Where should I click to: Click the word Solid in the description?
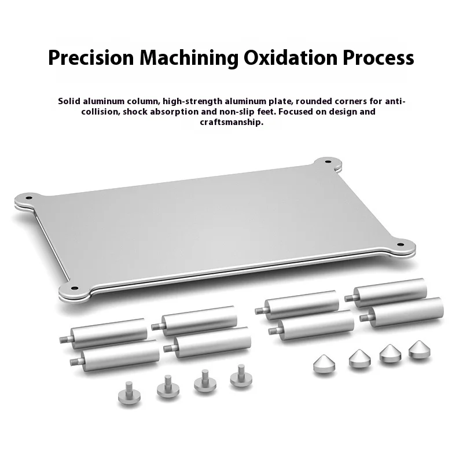tap(69, 101)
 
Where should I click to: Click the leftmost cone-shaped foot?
tap(322, 365)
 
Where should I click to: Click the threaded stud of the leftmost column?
tap(63, 336)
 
